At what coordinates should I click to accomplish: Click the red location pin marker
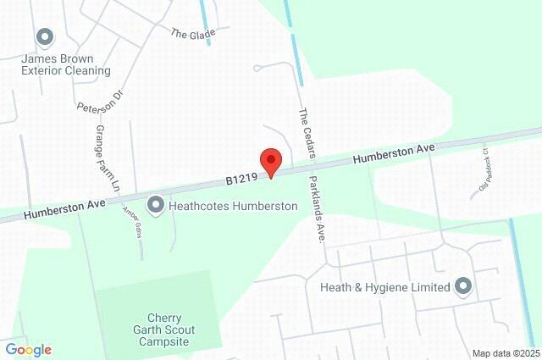(x=270, y=161)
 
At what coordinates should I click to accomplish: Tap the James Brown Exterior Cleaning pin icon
(x=45, y=36)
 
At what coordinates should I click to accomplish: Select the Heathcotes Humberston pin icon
(x=156, y=205)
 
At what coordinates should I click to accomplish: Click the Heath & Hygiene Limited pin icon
(x=462, y=286)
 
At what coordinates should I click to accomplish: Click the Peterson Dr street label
(x=100, y=102)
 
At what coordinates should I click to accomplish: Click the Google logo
(x=28, y=350)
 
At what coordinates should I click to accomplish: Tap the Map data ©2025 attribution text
(x=506, y=353)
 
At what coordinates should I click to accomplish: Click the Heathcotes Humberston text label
(x=233, y=206)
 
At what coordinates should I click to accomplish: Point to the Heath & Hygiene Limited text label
(x=385, y=287)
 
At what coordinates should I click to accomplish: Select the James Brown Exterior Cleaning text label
(x=66, y=64)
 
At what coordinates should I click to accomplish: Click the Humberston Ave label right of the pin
(x=394, y=153)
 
